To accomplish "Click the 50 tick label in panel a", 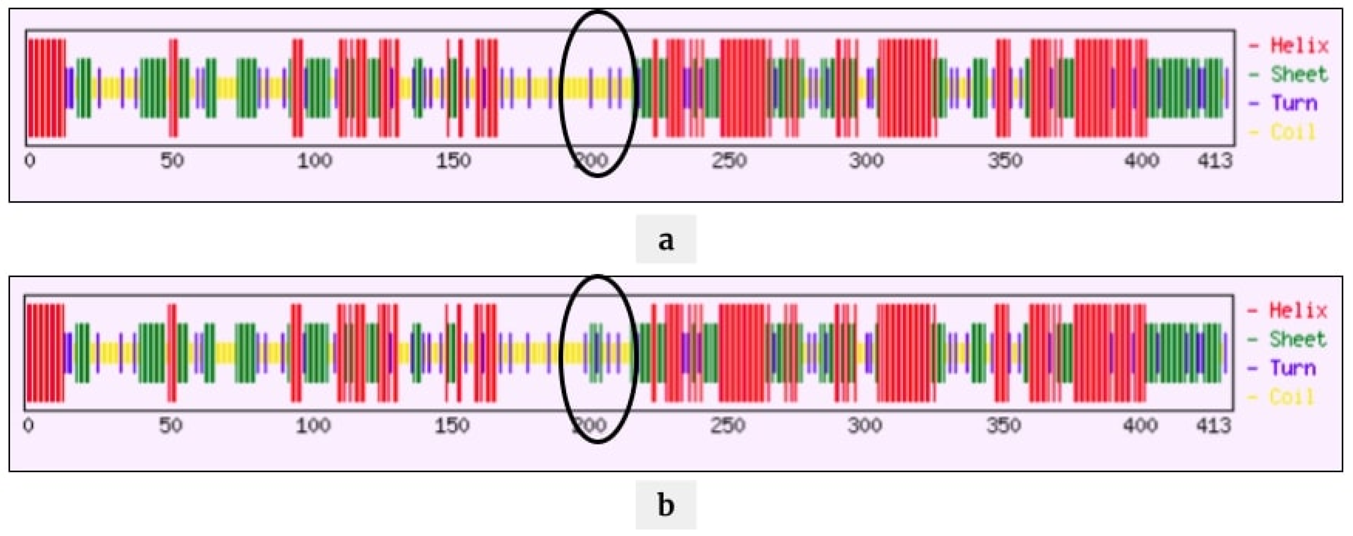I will click(x=172, y=161).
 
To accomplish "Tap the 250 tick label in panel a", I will click(x=729, y=161).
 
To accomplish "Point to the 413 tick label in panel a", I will click(x=1214, y=161).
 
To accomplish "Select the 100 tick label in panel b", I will click(x=313, y=425).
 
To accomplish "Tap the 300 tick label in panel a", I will click(x=867, y=161).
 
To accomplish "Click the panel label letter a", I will click(x=665, y=240).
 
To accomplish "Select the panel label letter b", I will click(x=665, y=505).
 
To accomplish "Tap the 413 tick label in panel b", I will click(x=1213, y=425).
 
